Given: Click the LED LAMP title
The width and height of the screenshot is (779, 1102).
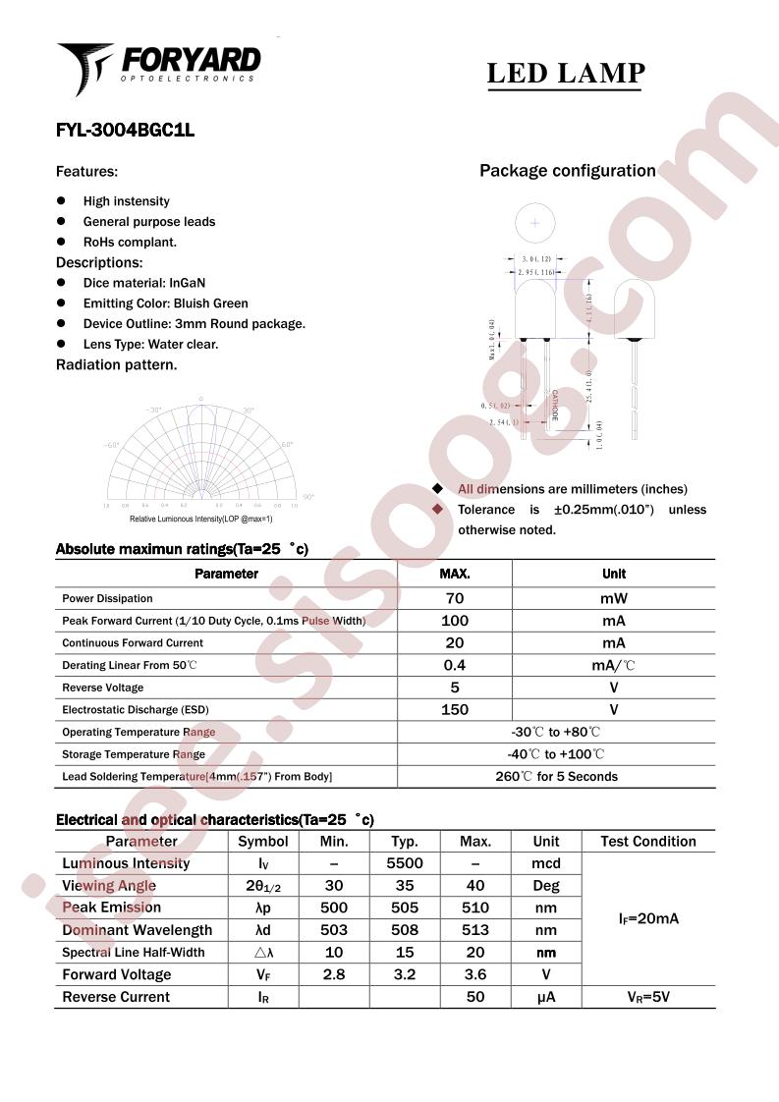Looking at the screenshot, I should coord(566,74).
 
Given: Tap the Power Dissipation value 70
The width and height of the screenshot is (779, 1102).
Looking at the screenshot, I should coord(455,598).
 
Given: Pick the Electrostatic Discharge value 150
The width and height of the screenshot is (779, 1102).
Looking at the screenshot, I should coord(455,709).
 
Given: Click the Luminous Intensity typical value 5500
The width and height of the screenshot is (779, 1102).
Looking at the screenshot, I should coord(405,863).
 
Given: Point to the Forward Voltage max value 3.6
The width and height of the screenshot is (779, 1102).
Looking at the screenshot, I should coord(475,974).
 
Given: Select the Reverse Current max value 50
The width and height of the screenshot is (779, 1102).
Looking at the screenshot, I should coord(475,997).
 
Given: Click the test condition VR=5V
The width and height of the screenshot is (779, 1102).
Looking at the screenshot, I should coord(648,997).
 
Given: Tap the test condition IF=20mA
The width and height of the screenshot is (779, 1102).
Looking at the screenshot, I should coord(648,919).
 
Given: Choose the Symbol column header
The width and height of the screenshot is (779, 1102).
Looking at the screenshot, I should coord(263,841).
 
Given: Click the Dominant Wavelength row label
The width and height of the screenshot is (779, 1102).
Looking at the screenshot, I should coord(137,930).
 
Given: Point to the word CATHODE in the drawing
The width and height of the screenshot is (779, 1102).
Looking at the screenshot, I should coord(554,406).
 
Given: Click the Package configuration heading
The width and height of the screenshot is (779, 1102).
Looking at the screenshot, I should coord(567,171).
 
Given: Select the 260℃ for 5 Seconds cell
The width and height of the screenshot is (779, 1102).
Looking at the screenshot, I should coord(556,776).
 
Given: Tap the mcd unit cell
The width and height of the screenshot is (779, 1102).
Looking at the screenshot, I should coord(546,863).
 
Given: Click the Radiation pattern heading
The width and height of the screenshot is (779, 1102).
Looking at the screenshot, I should coord(116,364).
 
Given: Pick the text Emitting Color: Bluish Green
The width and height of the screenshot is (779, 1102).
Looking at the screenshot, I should coord(165,303).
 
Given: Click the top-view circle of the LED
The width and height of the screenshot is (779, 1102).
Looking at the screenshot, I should coord(535,223).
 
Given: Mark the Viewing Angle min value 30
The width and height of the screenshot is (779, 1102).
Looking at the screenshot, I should coord(334,886).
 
